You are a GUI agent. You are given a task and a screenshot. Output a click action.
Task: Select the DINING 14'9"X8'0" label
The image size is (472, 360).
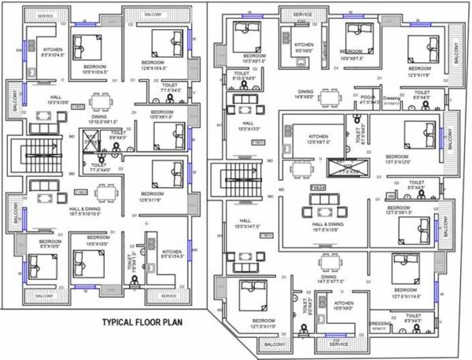tap(304, 94)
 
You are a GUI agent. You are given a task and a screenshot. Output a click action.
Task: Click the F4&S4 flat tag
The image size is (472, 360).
tap(319, 187)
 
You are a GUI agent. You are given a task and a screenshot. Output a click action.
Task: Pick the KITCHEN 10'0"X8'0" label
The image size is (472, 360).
tap(344, 306)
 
